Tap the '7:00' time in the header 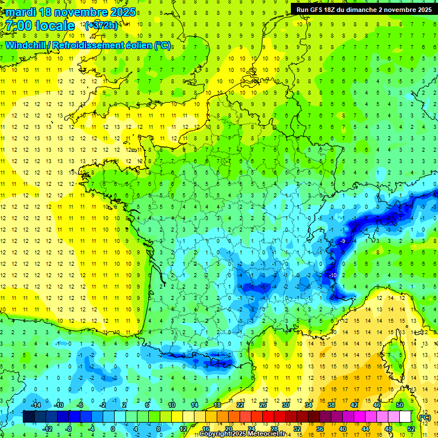18,26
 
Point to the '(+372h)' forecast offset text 102,26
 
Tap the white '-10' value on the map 332,275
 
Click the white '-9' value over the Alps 342,242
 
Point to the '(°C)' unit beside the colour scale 424,417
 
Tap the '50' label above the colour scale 400,405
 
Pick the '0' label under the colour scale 113,429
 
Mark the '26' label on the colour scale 263,405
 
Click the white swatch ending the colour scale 405,417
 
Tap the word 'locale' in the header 55,26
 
